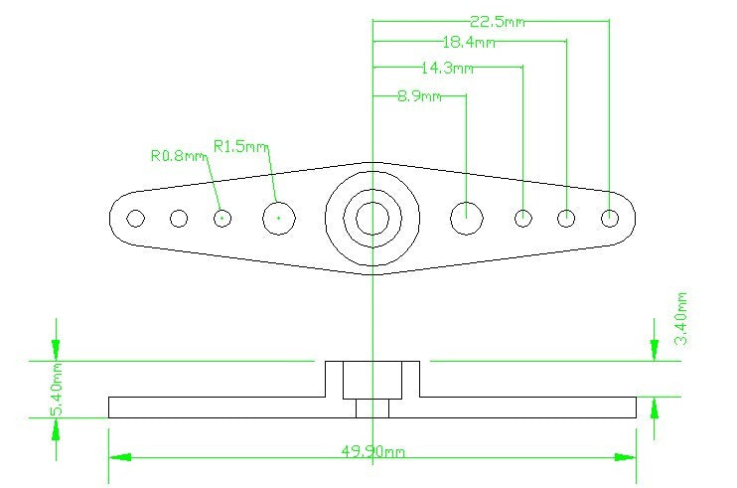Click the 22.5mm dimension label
(x=497, y=22)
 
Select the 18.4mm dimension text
(x=469, y=43)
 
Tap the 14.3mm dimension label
(x=447, y=69)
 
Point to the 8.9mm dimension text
(x=419, y=96)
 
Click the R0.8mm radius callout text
(x=179, y=156)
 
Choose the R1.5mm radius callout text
(x=241, y=146)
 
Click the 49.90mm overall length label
(x=372, y=452)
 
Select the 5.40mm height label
(x=56, y=389)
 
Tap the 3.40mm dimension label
(x=681, y=319)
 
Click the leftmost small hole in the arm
(x=136, y=218)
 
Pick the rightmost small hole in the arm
(x=610, y=218)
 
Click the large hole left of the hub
(x=279, y=218)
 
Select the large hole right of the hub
(x=466, y=218)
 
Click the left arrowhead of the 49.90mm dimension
(x=120, y=457)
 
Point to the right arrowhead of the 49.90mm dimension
(x=626, y=457)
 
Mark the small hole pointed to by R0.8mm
(x=222, y=218)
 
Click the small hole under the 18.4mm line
(x=566, y=218)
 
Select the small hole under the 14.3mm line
(x=523, y=218)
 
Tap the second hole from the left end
(x=179, y=218)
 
